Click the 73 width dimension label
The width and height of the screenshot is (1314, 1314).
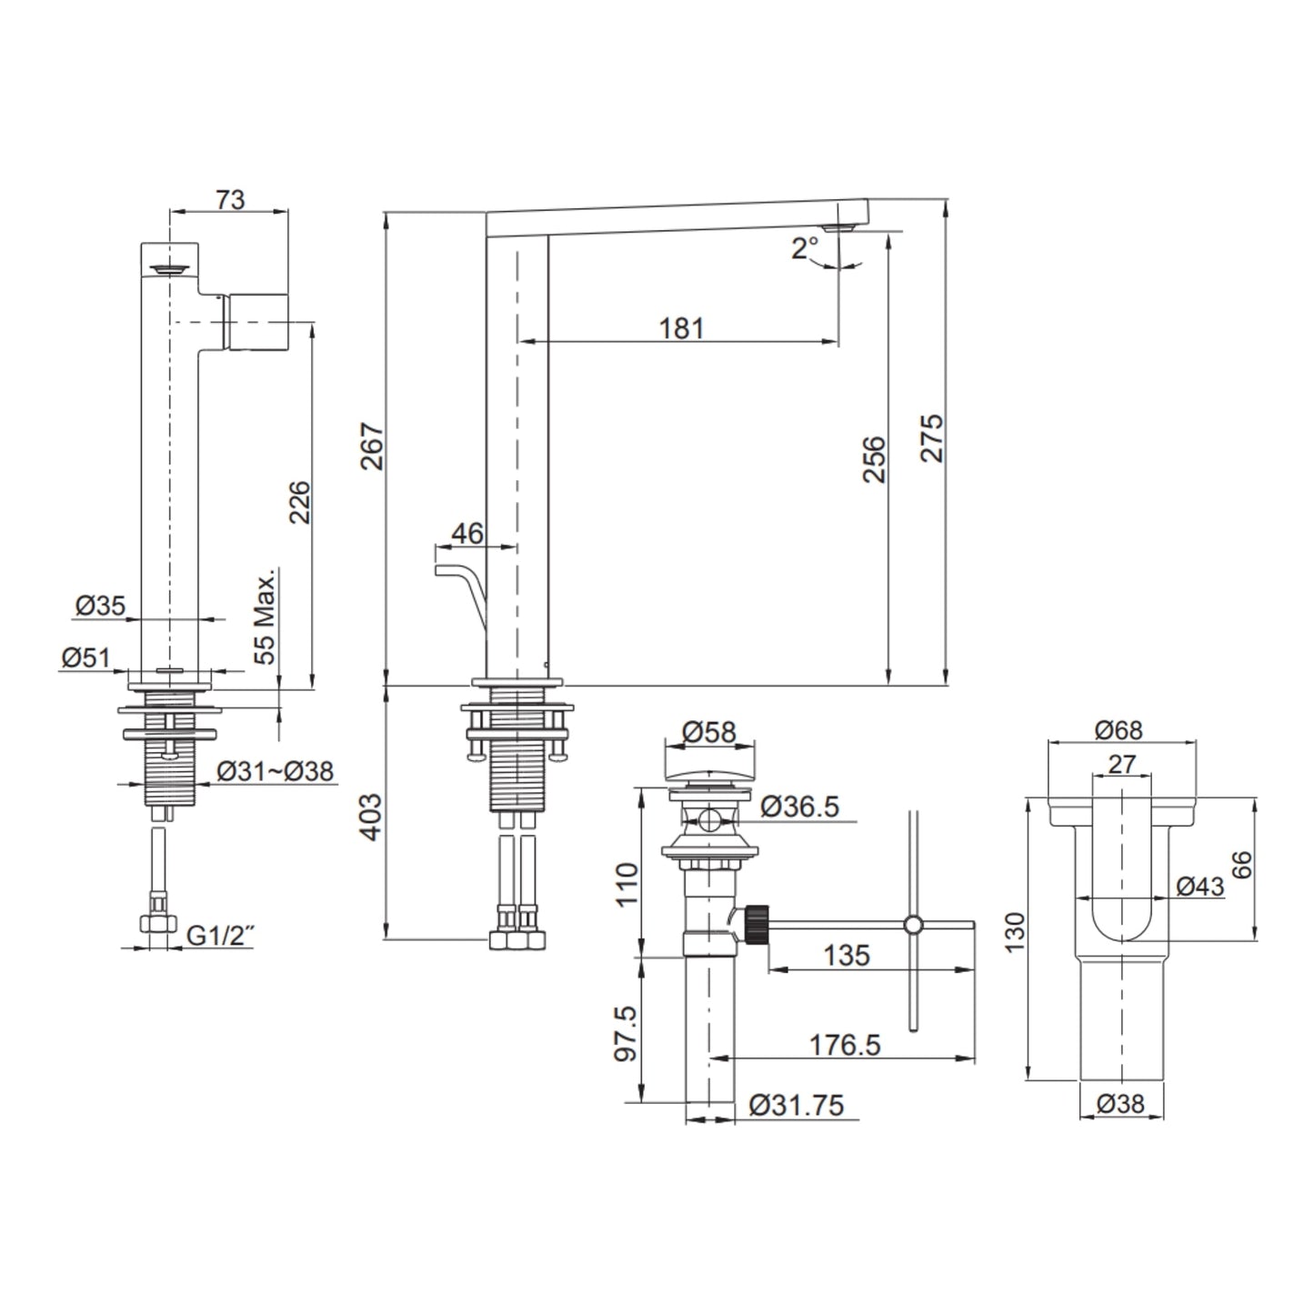(230, 199)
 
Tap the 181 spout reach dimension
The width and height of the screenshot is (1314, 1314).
(681, 328)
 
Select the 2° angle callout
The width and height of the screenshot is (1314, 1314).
(805, 248)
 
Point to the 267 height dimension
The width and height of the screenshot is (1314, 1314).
(372, 446)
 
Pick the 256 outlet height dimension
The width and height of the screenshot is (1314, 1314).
(874, 459)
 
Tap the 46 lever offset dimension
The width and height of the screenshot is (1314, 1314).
(467, 533)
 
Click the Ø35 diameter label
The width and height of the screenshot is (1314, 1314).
(101, 605)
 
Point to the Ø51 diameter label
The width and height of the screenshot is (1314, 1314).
(85, 657)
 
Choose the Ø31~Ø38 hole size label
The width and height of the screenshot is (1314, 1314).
(276, 771)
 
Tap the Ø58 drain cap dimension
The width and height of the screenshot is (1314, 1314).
(709, 732)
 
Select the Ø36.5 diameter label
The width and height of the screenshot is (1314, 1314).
(800, 807)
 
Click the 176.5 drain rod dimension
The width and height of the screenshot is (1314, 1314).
(845, 1045)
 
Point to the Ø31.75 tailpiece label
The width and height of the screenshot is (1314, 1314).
(797, 1106)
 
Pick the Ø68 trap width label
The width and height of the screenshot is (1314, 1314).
(1118, 730)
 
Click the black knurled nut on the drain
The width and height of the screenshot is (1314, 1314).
(757, 924)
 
